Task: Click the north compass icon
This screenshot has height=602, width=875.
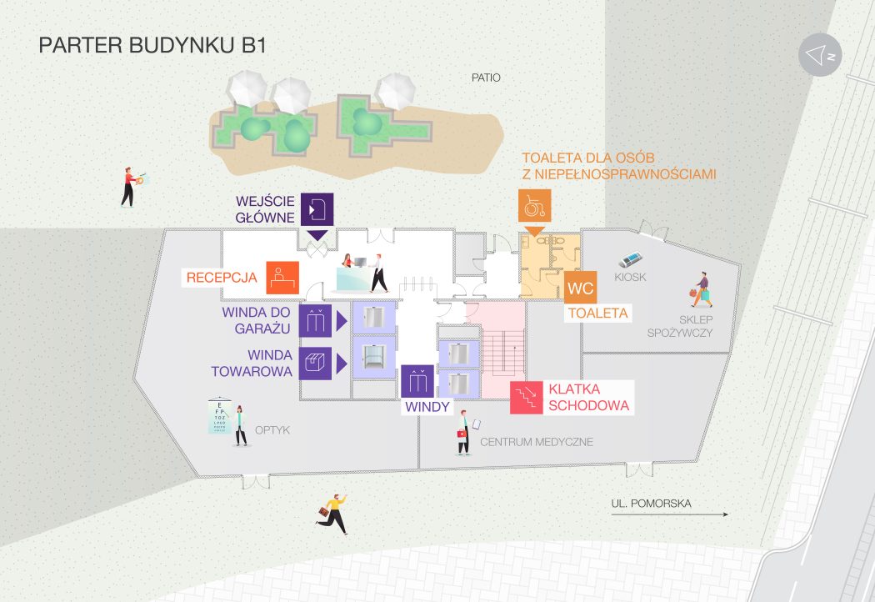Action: pyautogui.click(x=820, y=55)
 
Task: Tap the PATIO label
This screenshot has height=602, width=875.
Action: pyautogui.click(x=486, y=78)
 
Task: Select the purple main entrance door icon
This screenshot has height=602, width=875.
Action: pyautogui.click(x=317, y=208)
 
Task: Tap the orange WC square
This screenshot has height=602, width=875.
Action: pyautogui.click(x=580, y=289)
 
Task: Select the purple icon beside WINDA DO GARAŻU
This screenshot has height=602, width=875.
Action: pyautogui.click(x=315, y=321)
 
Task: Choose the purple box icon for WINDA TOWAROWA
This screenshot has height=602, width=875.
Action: pyautogui.click(x=315, y=364)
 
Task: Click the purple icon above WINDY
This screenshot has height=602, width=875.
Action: pyautogui.click(x=417, y=381)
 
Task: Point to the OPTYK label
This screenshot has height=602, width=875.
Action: pyautogui.click(x=272, y=430)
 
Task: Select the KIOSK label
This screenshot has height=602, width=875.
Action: pyautogui.click(x=630, y=277)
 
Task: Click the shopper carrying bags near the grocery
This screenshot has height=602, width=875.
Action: pyautogui.click(x=702, y=289)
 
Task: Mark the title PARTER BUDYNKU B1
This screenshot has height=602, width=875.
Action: pyautogui.click(x=152, y=45)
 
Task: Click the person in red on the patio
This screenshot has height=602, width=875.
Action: pyautogui.click(x=128, y=187)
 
